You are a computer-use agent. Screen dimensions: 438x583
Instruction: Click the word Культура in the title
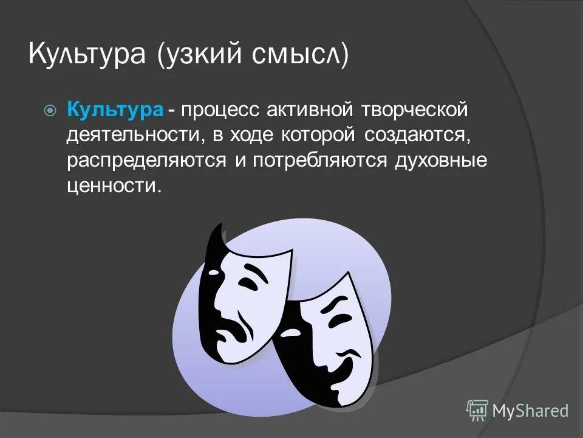[x=87, y=55]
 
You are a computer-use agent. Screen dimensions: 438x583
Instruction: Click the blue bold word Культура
[x=115, y=110]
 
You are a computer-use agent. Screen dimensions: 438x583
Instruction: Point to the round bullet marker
[x=50, y=111]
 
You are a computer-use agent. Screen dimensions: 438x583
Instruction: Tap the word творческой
[x=415, y=110]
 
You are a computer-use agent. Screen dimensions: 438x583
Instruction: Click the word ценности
[x=115, y=186]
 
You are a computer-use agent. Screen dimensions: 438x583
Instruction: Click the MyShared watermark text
[x=530, y=411]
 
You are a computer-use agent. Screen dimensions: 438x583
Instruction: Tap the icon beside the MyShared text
[x=477, y=411]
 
